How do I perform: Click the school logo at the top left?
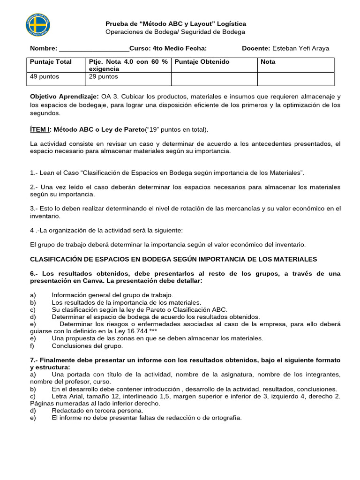pyautogui.click(x=38, y=26)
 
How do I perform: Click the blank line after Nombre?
pyautogui.click(x=94, y=48)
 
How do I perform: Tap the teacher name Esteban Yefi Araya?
pyautogui.click(x=301, y=48)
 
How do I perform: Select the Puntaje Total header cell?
pyautogui.click(x=51, y=62)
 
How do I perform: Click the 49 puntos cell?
pyautogui.click(x=45, y=76)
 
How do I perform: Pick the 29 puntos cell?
pyautogui.click(x=104, y=76)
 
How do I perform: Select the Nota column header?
pyautogui.click(x=268, y=62)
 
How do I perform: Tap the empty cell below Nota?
pyautogui.click(x=295, y=79)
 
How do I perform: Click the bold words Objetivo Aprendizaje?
pyautogui.click(x=64, y=97)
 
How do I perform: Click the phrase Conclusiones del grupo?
pyautogui.click(x=87, y=346)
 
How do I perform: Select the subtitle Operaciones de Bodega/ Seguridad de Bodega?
pyautogui.click(x=175, y=32)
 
